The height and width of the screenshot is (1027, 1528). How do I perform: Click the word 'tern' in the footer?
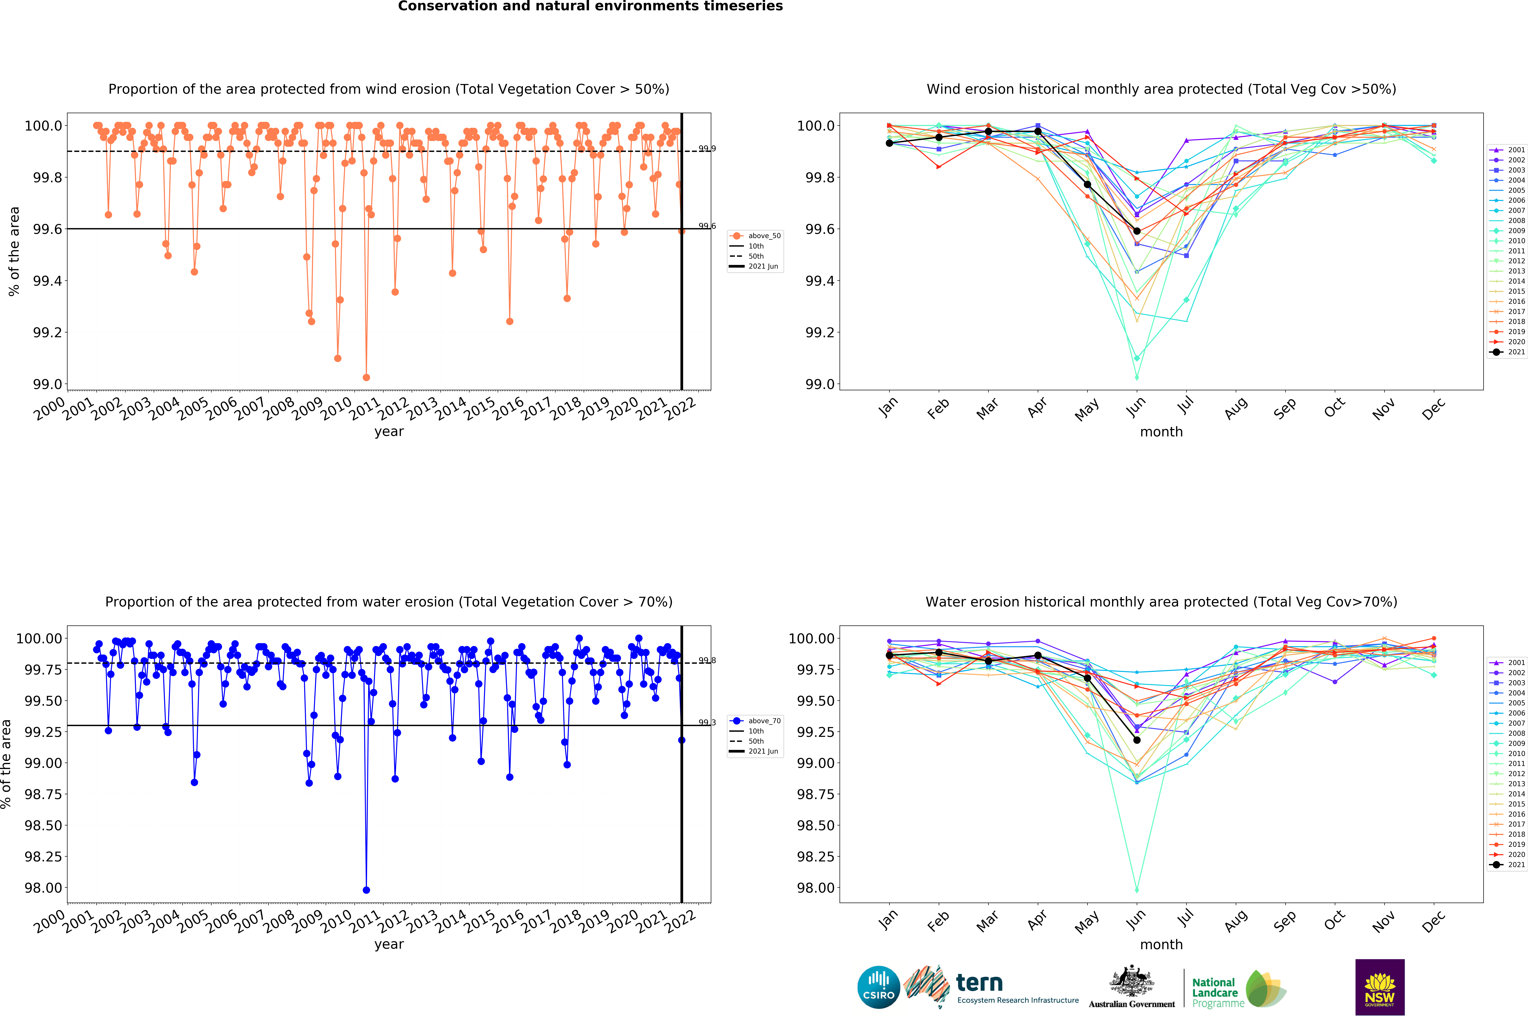click(x=979, y=982)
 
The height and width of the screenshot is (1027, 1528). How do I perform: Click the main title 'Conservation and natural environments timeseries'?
click(x=590, y=7)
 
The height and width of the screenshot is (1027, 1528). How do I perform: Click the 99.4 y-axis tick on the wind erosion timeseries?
click(x=47, y=281)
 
